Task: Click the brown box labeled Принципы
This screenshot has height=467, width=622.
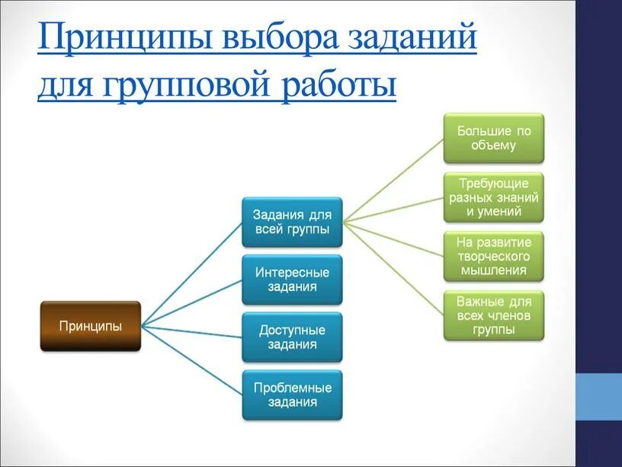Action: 91,326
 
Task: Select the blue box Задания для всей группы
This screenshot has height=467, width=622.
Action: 292,222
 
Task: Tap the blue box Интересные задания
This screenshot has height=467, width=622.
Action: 292,280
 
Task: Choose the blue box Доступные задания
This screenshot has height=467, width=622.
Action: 292,337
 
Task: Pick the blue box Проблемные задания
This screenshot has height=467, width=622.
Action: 292,395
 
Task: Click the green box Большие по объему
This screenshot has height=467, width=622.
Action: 494,138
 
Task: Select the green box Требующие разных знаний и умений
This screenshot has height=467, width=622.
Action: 494,198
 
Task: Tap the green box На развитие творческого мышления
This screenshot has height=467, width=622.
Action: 494,256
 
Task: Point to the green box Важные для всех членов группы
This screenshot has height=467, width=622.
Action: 494,315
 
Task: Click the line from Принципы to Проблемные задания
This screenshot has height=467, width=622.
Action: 192,360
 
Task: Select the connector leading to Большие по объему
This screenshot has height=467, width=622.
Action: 393,181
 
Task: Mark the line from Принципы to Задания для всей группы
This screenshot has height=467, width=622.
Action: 192,274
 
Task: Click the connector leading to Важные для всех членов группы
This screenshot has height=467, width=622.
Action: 393,267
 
